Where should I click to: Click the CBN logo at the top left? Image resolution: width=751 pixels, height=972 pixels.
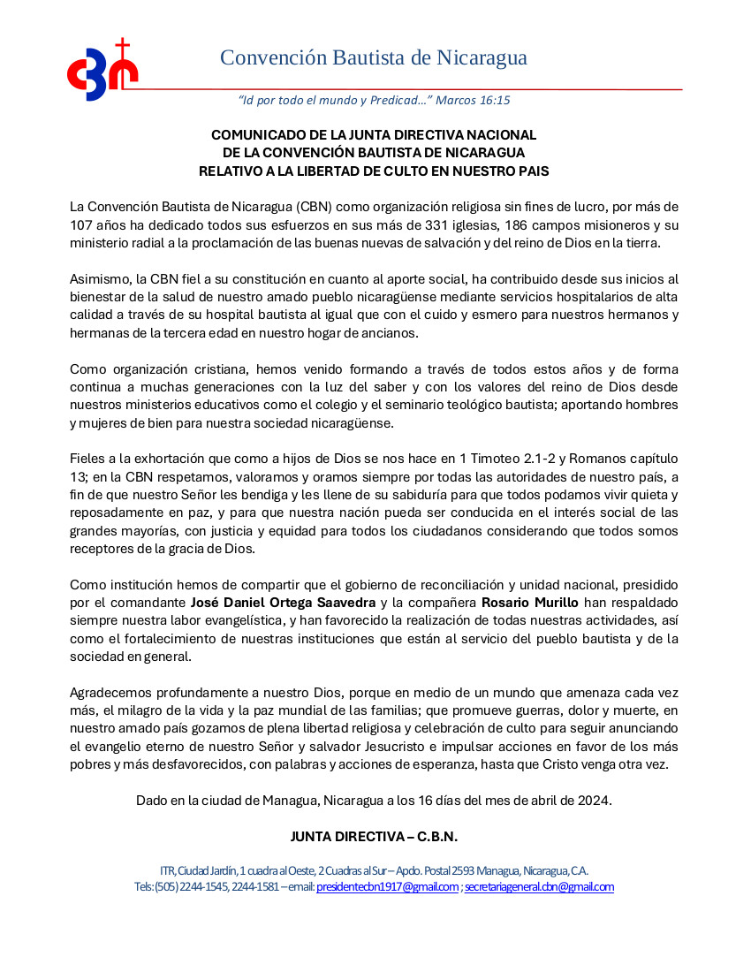point(102,72)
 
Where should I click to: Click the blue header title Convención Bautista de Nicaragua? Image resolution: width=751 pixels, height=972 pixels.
point(373,58)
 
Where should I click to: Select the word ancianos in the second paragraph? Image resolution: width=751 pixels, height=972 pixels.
point(391,333)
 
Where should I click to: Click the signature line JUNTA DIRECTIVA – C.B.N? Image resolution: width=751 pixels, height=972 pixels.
point(374,836)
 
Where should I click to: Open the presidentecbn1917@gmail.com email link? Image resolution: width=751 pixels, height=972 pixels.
point(387,887)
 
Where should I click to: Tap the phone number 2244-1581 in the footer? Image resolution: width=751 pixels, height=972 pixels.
point(255,887)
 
